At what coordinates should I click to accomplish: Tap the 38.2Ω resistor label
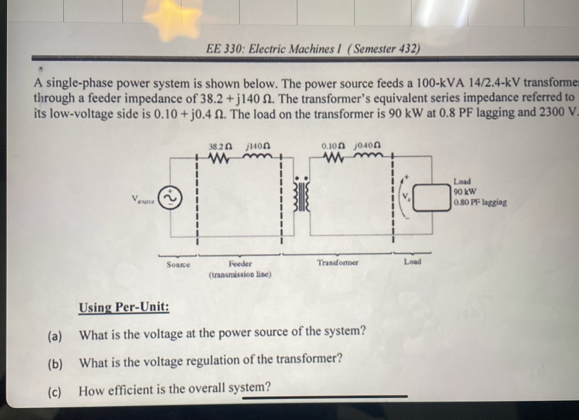(x=220, y=147)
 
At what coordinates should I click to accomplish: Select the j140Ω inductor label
(x=258, y=146)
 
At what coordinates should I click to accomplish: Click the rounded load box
(x=432, y=198)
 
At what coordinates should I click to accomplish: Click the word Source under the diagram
(x=178, y=265)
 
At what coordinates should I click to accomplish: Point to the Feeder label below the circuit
(x=240, y=264)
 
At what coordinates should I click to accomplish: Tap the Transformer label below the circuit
(x=338, y=263)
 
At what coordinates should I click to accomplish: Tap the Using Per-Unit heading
(x=124, y=307)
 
